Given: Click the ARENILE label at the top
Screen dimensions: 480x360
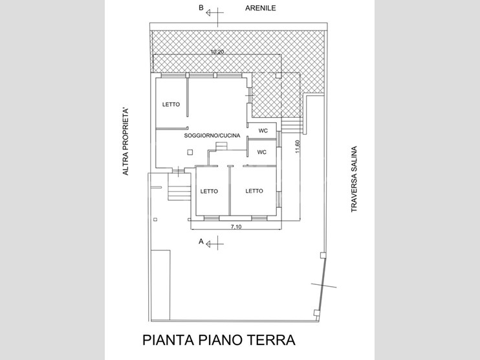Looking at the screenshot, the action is coord(261,8).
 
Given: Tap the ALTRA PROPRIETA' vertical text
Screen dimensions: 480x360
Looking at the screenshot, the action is coord(125,142).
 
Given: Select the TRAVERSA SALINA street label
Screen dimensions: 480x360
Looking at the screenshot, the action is coord(355,179).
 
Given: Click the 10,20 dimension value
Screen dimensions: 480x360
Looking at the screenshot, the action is coord(217,52).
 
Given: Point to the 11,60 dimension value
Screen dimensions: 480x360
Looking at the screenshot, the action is coord(298,147).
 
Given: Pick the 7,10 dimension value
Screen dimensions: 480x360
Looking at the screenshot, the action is coord(236,227).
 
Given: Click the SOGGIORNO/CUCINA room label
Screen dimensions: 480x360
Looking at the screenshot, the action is coord(212,135).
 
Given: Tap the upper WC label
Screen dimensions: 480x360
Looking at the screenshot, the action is coord(263,131).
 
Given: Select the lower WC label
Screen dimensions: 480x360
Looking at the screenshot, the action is coord(262,152).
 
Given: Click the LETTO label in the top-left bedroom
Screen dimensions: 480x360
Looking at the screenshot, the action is coord(171,104).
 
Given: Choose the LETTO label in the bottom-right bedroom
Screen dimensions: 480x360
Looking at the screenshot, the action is coord(254,191).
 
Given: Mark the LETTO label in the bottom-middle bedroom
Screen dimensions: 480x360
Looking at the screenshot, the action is coord(209,191).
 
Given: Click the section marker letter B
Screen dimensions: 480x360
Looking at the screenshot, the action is coord(201,8).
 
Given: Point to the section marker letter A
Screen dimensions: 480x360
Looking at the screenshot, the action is coord(201,242).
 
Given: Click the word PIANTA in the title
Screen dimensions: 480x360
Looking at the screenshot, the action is coord(168,340).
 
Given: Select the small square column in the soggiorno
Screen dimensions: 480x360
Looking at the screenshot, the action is coord(190,152).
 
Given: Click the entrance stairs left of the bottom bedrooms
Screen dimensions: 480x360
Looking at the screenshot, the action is coord(179,187).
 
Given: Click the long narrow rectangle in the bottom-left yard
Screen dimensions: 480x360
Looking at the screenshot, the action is coord(160,286).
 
